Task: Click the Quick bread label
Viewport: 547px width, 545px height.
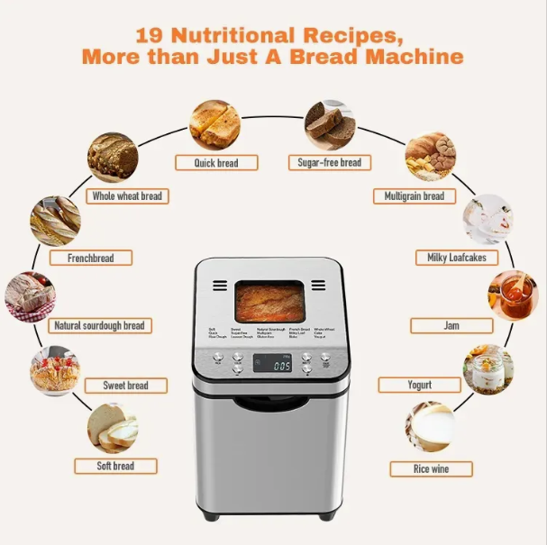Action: point(216,163)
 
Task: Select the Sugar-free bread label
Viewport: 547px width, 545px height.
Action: point(329,163)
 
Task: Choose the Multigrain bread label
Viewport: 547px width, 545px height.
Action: point(415,195)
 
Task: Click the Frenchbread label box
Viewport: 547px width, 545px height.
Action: point(91,258)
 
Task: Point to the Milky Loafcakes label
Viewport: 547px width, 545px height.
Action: point(456,258)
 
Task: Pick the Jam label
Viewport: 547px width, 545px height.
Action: point(451,325)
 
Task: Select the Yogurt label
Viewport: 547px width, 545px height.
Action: point(419,385)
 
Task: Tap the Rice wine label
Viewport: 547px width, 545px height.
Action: point(431,468)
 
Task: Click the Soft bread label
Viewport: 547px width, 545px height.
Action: point(116,466)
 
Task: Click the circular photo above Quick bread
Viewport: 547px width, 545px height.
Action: point(214,124)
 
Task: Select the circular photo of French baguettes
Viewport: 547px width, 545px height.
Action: point(54,221)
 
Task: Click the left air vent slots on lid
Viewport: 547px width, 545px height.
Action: point(220,286)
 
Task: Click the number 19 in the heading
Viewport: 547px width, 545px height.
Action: point(150,36)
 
